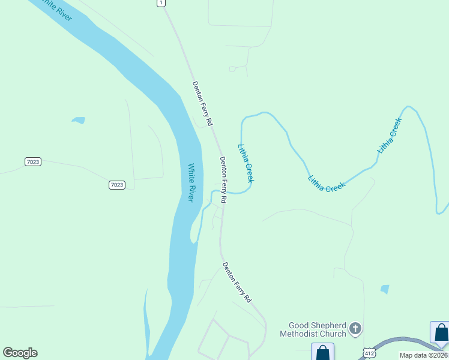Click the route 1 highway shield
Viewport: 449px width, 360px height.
[160, 3]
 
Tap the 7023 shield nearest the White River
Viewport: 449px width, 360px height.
[117, 185]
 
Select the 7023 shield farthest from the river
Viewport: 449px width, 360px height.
[33, 162]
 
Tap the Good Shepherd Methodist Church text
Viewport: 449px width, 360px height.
[317, 329]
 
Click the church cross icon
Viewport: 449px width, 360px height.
[355, 328]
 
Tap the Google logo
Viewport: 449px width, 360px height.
[20, 353]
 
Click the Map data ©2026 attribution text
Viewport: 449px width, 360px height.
[423, 355]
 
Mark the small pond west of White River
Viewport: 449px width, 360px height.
[78, 121]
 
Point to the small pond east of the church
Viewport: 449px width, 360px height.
[384, 289]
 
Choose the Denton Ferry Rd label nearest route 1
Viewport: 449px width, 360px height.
[202, 103]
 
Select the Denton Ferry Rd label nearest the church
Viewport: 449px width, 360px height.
[237, 282]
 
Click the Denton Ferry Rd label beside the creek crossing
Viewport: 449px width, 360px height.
[223, 179]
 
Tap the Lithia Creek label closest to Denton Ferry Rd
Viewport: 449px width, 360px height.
[246, 163]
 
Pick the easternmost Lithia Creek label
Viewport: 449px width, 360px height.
[389, 135]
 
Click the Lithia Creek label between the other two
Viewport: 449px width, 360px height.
[327, 184]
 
